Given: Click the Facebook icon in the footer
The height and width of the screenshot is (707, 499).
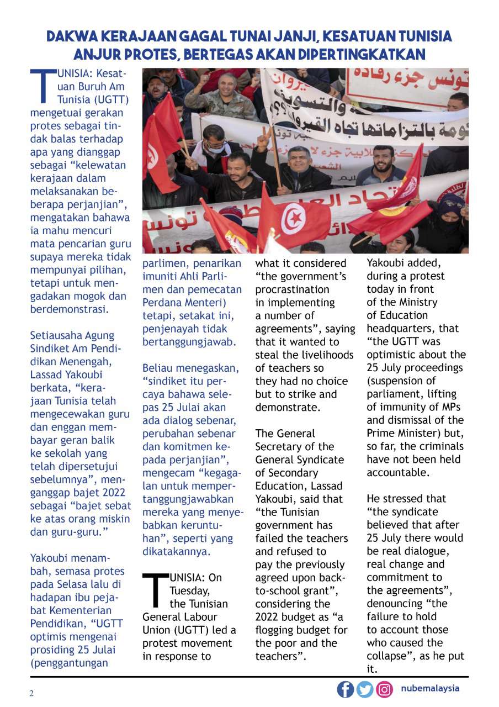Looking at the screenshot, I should click(x=345, y=689).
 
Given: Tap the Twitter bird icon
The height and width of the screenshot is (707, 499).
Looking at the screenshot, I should click(x=364, y=689).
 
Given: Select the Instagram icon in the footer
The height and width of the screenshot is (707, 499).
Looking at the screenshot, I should click(x=384, y=689).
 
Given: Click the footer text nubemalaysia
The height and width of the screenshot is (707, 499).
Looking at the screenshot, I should click(x=430, y=688).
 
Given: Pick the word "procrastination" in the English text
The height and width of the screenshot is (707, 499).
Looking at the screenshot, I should click(x=293, y=289).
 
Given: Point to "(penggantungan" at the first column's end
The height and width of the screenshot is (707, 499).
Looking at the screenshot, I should click(x=69, y=663).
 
